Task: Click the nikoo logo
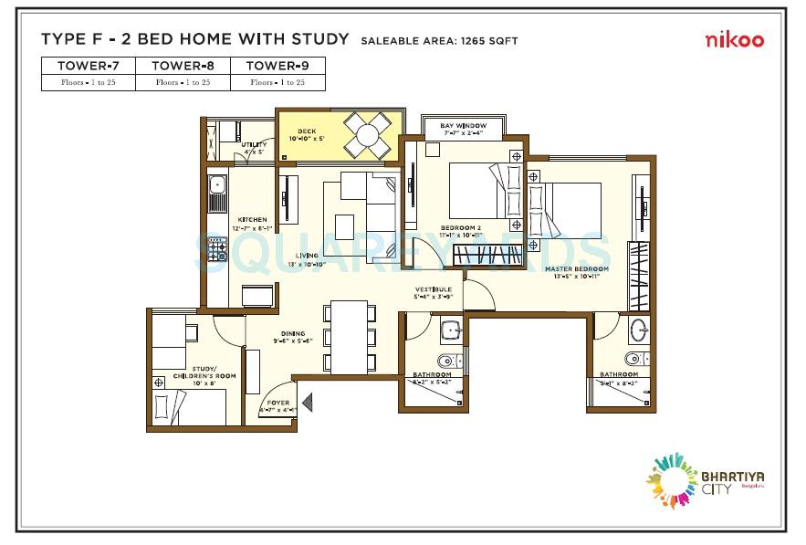(734, 39)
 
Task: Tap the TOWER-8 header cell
(183, 65)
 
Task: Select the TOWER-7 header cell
(89, 65)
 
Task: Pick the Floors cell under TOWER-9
(277, 82)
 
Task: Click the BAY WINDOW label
(463, 125)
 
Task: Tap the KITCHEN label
(253, 220)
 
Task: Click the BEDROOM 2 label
(460, 227)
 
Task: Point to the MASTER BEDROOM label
(571, 268)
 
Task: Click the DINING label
(293, 333)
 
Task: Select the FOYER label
(277, 402)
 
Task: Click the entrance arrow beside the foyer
(306, 400)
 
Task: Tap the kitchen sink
(216, 190)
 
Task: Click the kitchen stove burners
(218, 249)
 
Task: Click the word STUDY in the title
(321, 39)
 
